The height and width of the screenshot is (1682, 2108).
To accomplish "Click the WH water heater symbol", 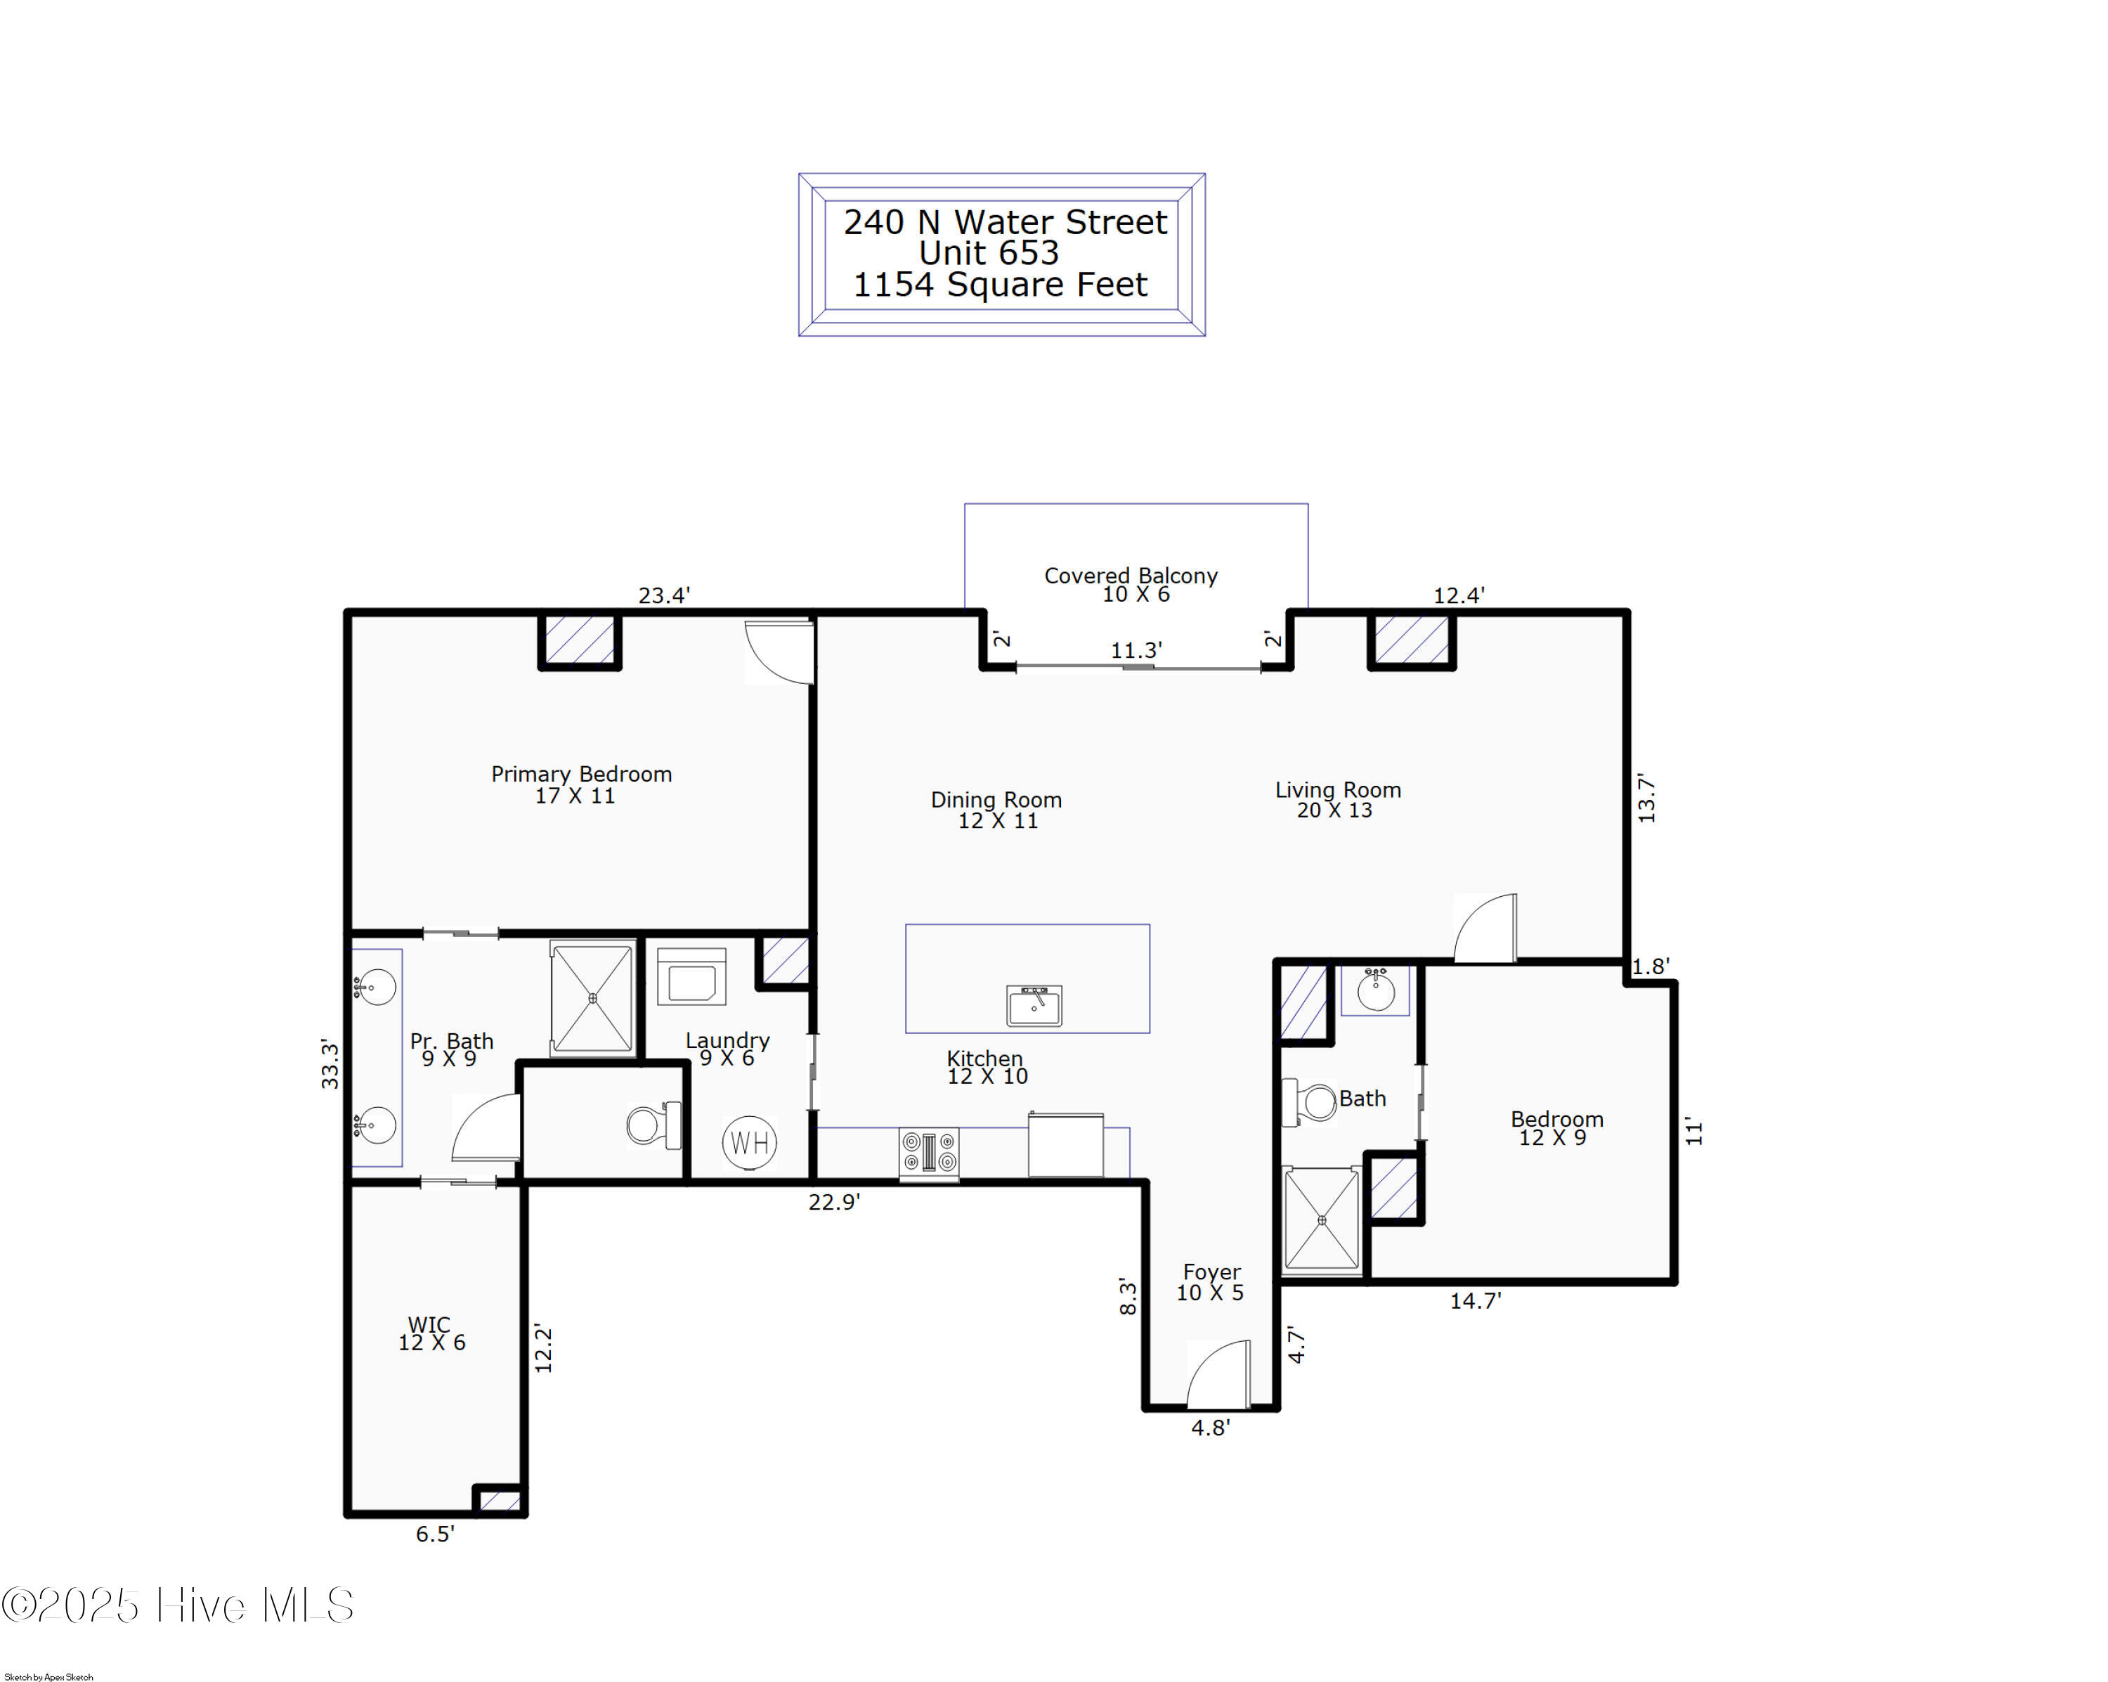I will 749,1142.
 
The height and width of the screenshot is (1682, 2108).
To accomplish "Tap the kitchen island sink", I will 1034,1004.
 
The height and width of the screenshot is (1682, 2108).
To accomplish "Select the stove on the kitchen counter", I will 929,1153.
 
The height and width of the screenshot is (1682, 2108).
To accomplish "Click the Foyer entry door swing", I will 1218,1374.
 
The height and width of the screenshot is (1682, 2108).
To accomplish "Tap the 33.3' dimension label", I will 330,1065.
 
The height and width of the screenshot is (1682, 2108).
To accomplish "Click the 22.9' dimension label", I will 834,1202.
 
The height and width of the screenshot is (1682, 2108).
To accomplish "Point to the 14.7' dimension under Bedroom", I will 1474,1300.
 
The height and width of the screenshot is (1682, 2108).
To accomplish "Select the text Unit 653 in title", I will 989,253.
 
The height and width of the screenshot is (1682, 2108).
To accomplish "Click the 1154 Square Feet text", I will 1000,285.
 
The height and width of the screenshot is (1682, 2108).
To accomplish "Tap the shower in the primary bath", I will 592,997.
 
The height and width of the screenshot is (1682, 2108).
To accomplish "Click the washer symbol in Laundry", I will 691,977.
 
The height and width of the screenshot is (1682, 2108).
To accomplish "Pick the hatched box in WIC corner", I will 500,1500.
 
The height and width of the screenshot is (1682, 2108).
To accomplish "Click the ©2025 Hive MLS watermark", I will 178,1605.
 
